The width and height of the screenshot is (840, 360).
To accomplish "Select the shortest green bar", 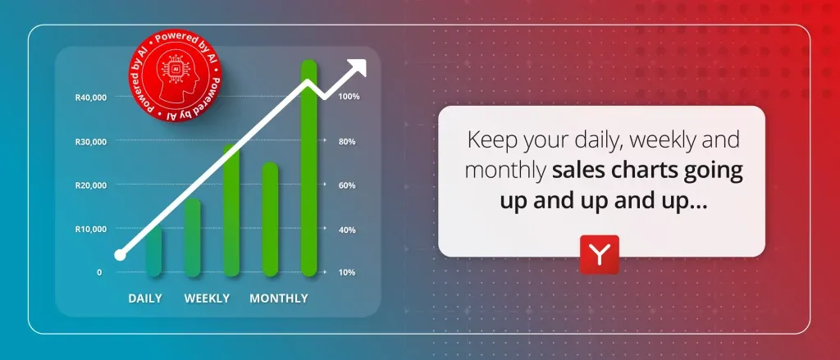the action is pos(153,251).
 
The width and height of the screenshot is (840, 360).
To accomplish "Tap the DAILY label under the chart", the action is pos(144,298).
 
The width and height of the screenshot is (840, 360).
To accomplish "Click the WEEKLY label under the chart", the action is pos(207,298).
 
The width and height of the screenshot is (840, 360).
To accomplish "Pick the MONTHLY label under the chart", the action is pos(279,298).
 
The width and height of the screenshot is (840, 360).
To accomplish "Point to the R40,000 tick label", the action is pos(90,98).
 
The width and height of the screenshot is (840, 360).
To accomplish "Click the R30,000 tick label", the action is pos(90,142).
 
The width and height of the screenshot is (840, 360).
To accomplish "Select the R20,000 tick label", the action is pos(90,185).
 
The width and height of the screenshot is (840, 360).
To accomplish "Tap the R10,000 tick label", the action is pos(90,230).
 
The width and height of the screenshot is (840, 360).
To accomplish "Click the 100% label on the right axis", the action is pos(349,97).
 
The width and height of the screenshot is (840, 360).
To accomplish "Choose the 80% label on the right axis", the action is pos(347,142).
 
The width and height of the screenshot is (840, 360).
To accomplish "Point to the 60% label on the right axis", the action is pos(347,185).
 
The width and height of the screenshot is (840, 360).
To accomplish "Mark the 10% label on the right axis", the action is pos(347,272).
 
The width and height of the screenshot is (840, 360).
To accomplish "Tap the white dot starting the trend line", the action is pos(120,255).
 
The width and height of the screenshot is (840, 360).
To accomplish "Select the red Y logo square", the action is pos(600,254).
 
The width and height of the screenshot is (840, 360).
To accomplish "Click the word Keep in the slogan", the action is pos(487,140).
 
